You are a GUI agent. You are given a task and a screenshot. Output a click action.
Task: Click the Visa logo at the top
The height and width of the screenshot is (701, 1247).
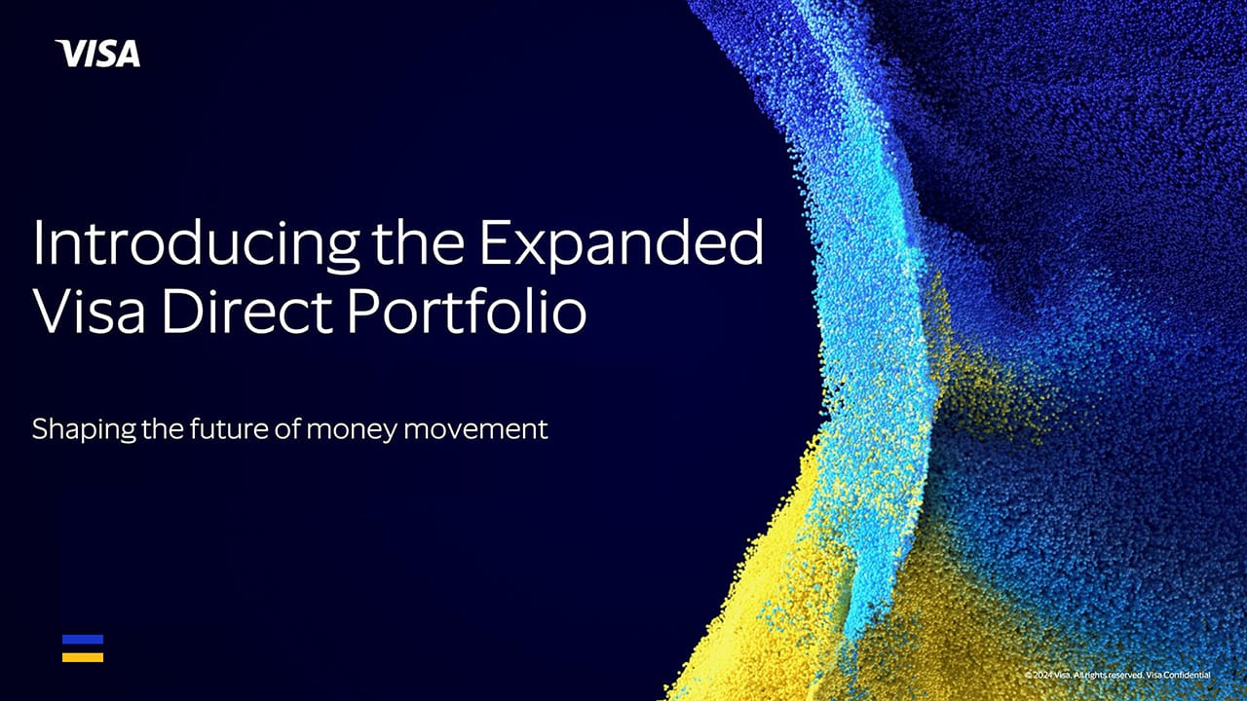coord(97,54)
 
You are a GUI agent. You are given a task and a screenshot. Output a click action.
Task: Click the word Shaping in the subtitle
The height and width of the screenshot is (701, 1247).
coord(83,429)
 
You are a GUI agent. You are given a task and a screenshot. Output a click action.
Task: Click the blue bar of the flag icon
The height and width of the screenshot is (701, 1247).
coord(83,640)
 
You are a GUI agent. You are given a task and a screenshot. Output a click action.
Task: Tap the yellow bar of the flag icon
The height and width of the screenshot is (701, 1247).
coord(83,657)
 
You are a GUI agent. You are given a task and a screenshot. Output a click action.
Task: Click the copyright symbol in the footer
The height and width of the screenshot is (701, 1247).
coord(1028,675)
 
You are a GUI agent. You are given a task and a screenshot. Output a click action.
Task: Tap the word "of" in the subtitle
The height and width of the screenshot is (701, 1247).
coord(289,427)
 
